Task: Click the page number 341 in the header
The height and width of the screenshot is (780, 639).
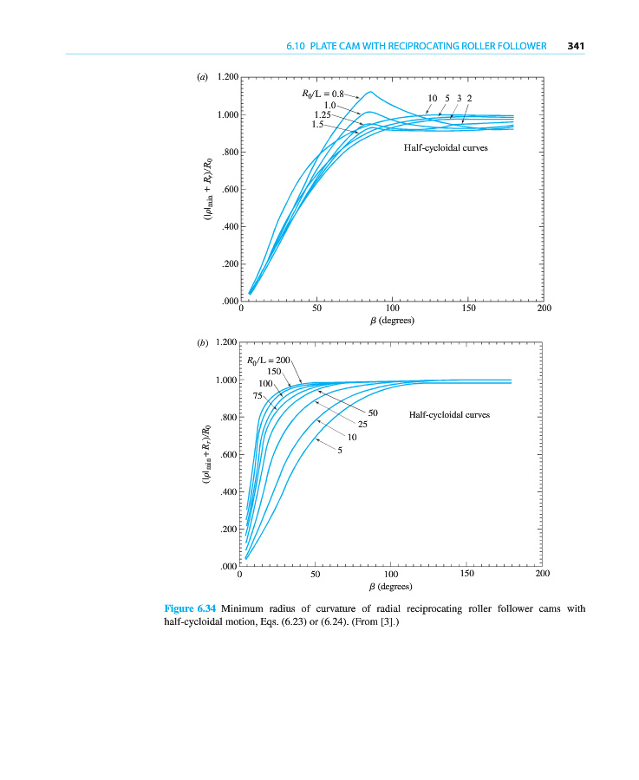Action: (577, 46)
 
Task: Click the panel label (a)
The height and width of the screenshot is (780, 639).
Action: (203, 77)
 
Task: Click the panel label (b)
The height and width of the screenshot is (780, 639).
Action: (203, 343)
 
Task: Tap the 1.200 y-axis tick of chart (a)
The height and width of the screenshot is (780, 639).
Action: (227, 78)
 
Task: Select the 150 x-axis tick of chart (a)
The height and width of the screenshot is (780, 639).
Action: (468, 308)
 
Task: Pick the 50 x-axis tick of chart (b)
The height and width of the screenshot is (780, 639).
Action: (316, 574)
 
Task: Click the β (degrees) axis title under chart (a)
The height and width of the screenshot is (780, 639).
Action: (392, 321)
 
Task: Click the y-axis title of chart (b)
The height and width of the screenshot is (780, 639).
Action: (205, 455)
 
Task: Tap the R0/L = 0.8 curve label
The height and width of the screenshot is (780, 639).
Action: (317, 93)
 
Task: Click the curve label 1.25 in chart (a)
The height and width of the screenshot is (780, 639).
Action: (323, 114)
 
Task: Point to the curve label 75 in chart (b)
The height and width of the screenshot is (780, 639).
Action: (258, 395)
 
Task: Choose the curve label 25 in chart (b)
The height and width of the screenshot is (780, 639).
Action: (363, 424)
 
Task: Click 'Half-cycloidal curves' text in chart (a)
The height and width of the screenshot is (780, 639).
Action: (446, 148)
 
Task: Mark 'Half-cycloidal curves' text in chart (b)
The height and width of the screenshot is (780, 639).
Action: (449, 414)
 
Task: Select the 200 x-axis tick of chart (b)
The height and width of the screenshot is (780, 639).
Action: (543, 574)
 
